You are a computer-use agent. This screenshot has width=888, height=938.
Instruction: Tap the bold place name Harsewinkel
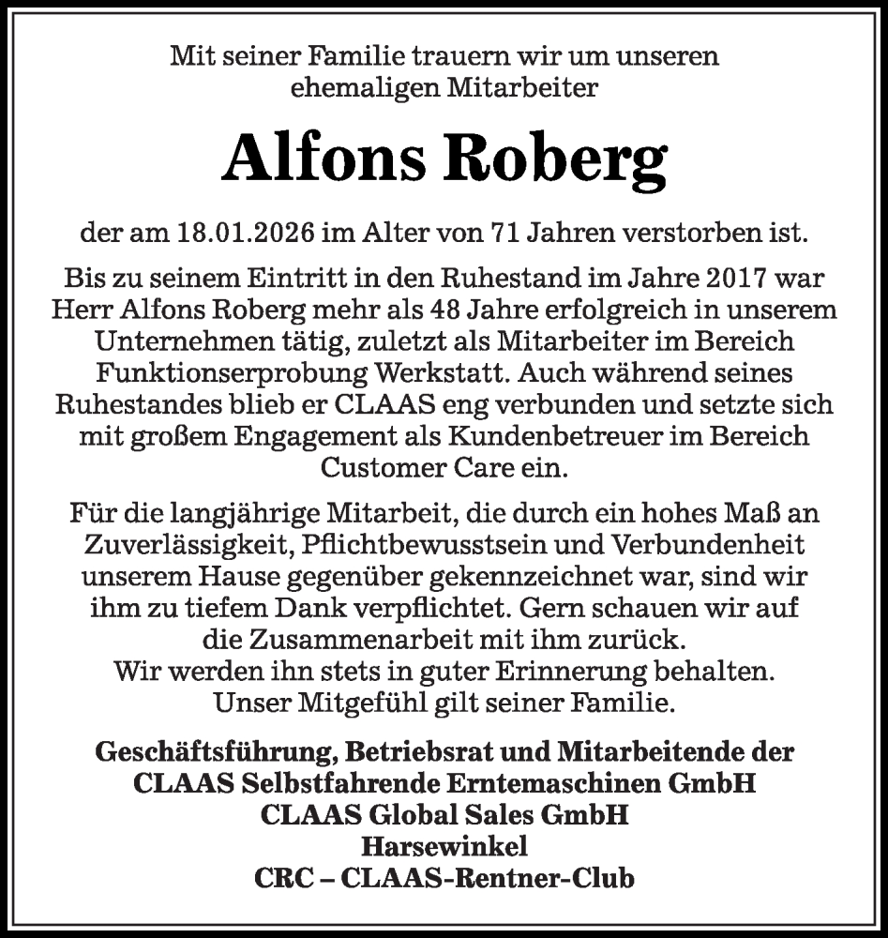(x=444, y=847)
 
